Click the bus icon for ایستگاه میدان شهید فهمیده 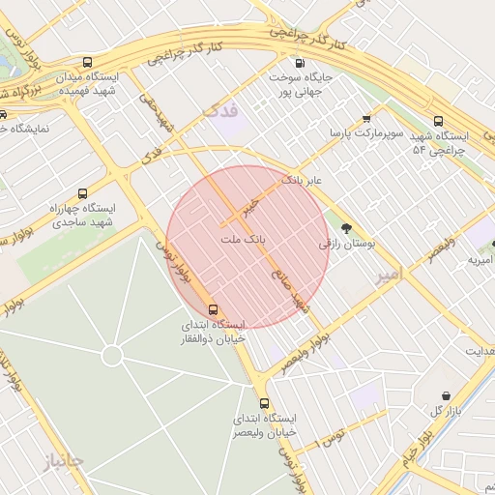click(88, 61)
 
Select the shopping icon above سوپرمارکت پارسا click(366, 119)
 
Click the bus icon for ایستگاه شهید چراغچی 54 click(439, 122)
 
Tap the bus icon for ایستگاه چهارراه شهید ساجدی click(81, 193)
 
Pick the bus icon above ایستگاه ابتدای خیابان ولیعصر click(264, 403)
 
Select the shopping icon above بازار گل click(446, 396)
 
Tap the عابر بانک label click(301, 181)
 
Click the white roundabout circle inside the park click(112, 356)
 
